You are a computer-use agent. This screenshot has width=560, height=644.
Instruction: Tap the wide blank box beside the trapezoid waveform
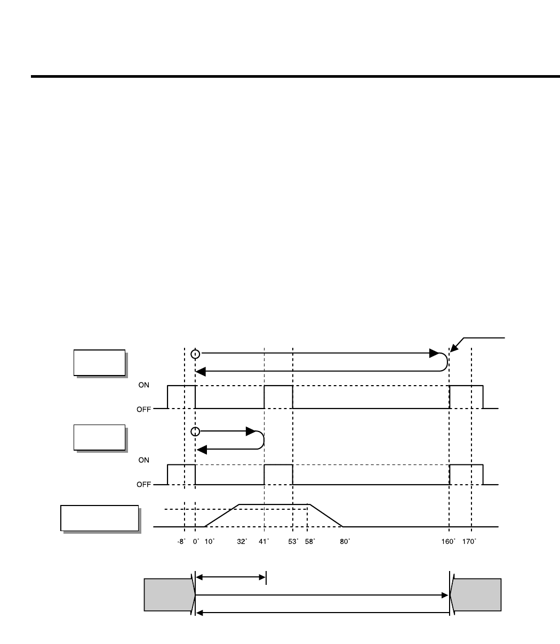click(x=100, y=518)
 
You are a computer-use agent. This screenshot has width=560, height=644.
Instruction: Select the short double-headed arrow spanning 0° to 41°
click(x=230, y=576)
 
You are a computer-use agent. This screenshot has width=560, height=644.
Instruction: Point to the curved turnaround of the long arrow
click(x=445, y=362)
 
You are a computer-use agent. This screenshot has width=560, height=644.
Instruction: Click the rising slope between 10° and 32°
click(x=222, y=516)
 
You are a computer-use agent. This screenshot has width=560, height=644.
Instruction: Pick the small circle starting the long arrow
click(x=196, y=353)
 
